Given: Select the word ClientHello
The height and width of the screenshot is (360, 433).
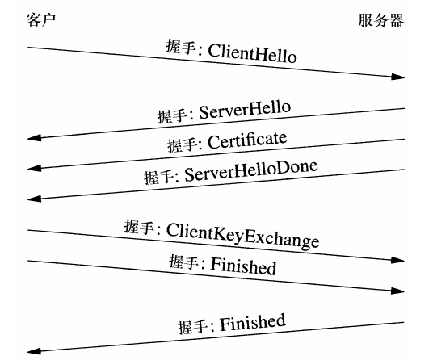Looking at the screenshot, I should coord(252,54).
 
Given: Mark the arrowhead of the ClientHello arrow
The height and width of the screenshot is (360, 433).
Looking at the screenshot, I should coord(397,77).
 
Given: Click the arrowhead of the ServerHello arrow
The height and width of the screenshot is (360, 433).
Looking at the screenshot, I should coord(34,138).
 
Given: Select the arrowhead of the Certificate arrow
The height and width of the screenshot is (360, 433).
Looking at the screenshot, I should coord(34,169).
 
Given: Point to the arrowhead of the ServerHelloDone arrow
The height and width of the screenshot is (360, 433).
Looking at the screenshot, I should coord(34,198).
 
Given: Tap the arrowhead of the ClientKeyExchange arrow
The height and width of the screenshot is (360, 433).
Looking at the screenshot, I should coord(397,261).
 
